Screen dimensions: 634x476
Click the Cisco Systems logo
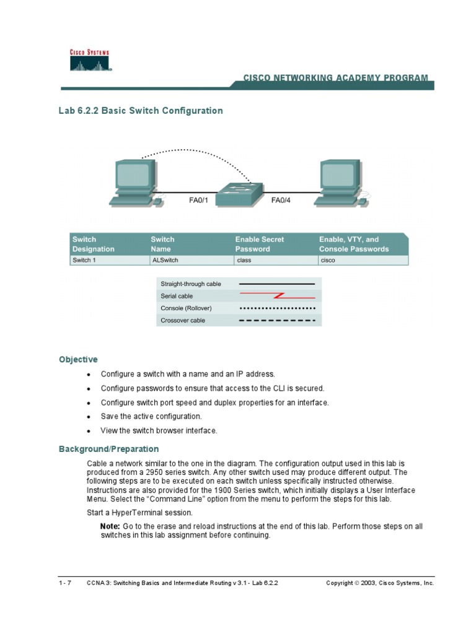[89, 61]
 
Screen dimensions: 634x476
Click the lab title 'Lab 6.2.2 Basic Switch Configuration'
[141, 111]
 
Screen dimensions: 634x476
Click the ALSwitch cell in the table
[164, 261]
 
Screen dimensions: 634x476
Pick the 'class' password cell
[244, 261]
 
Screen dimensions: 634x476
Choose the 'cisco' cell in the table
[327, 261]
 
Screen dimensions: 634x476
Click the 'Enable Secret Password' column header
[260, 244]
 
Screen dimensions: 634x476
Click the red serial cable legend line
[278, 295]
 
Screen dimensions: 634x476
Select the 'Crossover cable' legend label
[183, 320]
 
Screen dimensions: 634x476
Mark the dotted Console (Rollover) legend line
[278, 308]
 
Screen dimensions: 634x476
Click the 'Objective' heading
[78, 359]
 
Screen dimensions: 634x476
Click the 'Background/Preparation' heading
[108, 449]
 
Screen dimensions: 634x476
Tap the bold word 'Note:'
[110, 526]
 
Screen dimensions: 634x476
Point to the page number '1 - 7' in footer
[65, 583]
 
